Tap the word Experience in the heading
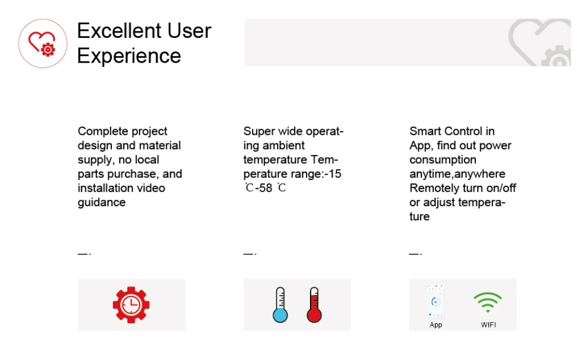point(129,56)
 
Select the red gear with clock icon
point(131,305)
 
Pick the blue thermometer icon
point(280,305)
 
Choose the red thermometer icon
point(314,305)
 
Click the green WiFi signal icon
point(488,303)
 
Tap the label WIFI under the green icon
point(488,325)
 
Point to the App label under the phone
point(436,325)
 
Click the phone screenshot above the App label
point(436,301)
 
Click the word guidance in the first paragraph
point(101,202)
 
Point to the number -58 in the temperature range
point(264,188)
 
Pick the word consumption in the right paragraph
point(443,160)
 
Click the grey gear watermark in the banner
point(556,56)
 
